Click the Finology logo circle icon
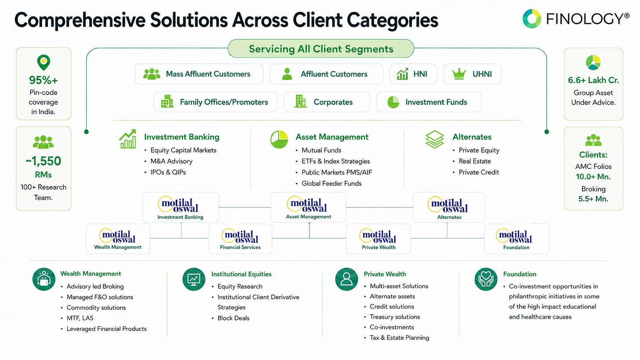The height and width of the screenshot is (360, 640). (x=532, y=19)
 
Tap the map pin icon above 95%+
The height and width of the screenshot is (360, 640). (x=44, y=62)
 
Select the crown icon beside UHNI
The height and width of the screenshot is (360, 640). (x=459, y=74)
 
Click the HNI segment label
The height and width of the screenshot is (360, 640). (x=420, y=74)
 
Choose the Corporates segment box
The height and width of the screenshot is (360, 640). (x=327, y=102)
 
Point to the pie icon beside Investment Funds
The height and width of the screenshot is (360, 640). (x=393, y=102)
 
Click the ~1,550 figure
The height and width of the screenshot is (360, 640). (x=43, y=161)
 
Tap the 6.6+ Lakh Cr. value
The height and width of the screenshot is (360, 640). (x=593, y=80)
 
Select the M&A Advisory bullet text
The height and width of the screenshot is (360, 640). (x=171, y=161)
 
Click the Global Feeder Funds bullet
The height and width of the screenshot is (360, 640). (x=331, y=183)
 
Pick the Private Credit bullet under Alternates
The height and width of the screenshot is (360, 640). (x=479, y=172)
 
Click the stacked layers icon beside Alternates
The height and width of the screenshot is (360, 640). (x=435, y=139)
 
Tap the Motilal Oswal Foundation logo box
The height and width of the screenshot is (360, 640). (x=516, y=239)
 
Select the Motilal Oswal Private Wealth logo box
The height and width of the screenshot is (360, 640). (x=378, y=239)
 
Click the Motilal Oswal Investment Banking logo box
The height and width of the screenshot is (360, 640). (x=181, y=207)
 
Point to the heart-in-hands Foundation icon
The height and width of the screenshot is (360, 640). (x=486, y=279)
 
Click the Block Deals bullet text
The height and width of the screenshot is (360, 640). (x=233, y=318)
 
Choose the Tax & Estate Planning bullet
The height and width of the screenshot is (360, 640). (x=400, y=338)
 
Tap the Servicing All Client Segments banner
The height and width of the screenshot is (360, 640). (x=321, y=48)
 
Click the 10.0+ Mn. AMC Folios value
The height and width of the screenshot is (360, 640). (x=593, y=177)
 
